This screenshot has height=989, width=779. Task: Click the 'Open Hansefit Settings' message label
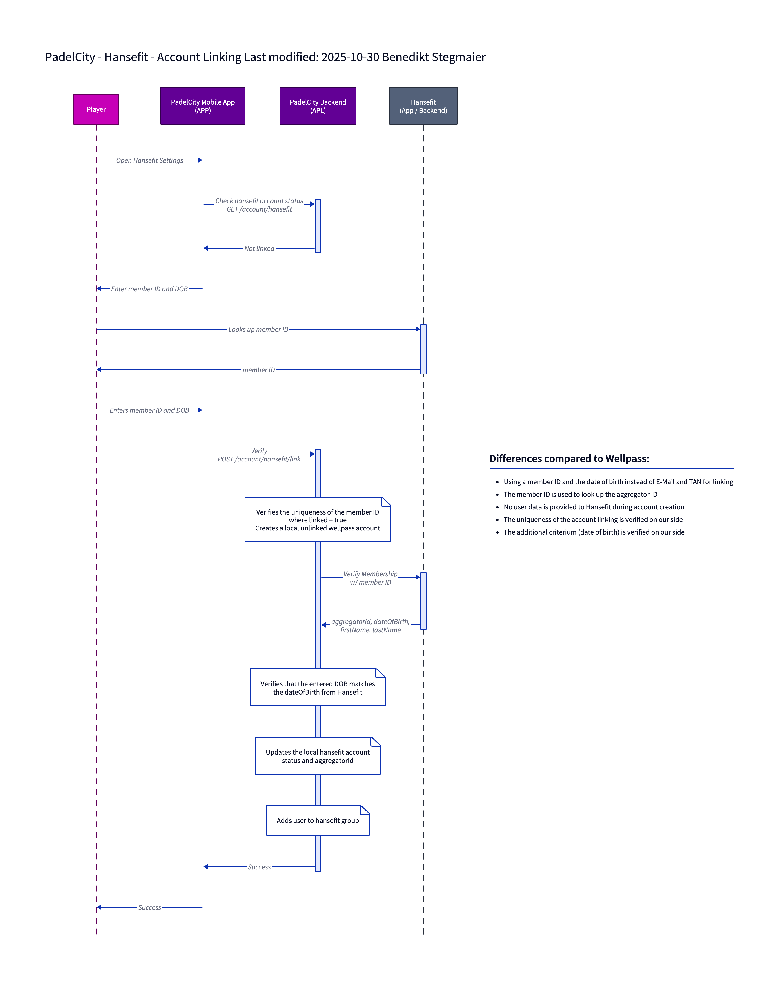pyautogui.click(x=150, y=160)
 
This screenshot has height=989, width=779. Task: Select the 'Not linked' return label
pyautogui.click(x=259, y=249)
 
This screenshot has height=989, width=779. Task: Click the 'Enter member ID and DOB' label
pyautogui.click(x=149, y=289)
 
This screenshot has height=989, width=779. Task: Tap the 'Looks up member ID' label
pyautogui.click(x=258, y=329)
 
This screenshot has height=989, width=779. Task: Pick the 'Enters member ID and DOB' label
pyautogui.click(x=149, y=411)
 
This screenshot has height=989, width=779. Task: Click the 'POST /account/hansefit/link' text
pyautogui.click(x=259, y=459)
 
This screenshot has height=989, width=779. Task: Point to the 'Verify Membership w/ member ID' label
pyautogui.click(x=370, y=578)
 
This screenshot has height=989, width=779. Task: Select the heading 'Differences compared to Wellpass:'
pyautogui.click(x=569, y=459)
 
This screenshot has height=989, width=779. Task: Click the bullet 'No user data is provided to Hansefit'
pyautogui.click(x=594, y=507)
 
